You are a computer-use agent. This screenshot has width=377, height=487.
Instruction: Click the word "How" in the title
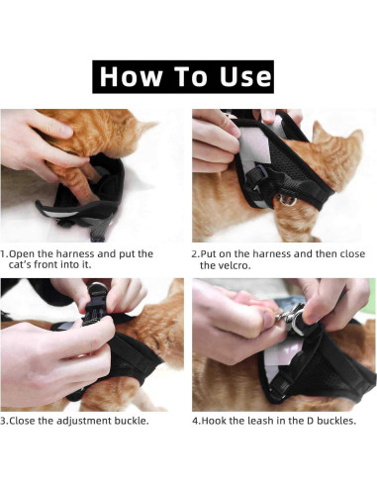[130, 76]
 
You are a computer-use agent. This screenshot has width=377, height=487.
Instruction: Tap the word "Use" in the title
[240, 76]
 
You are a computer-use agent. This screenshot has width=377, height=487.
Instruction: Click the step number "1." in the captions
[5, 253]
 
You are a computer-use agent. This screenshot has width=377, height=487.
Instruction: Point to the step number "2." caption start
[196, 253]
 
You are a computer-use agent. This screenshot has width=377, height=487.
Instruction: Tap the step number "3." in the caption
[5, 421]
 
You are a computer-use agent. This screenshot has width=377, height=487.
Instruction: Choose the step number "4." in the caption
[196, 421]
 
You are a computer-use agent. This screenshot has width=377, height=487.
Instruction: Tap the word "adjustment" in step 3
[80, 421]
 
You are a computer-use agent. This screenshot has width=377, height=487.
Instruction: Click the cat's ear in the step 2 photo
[323, 132]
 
